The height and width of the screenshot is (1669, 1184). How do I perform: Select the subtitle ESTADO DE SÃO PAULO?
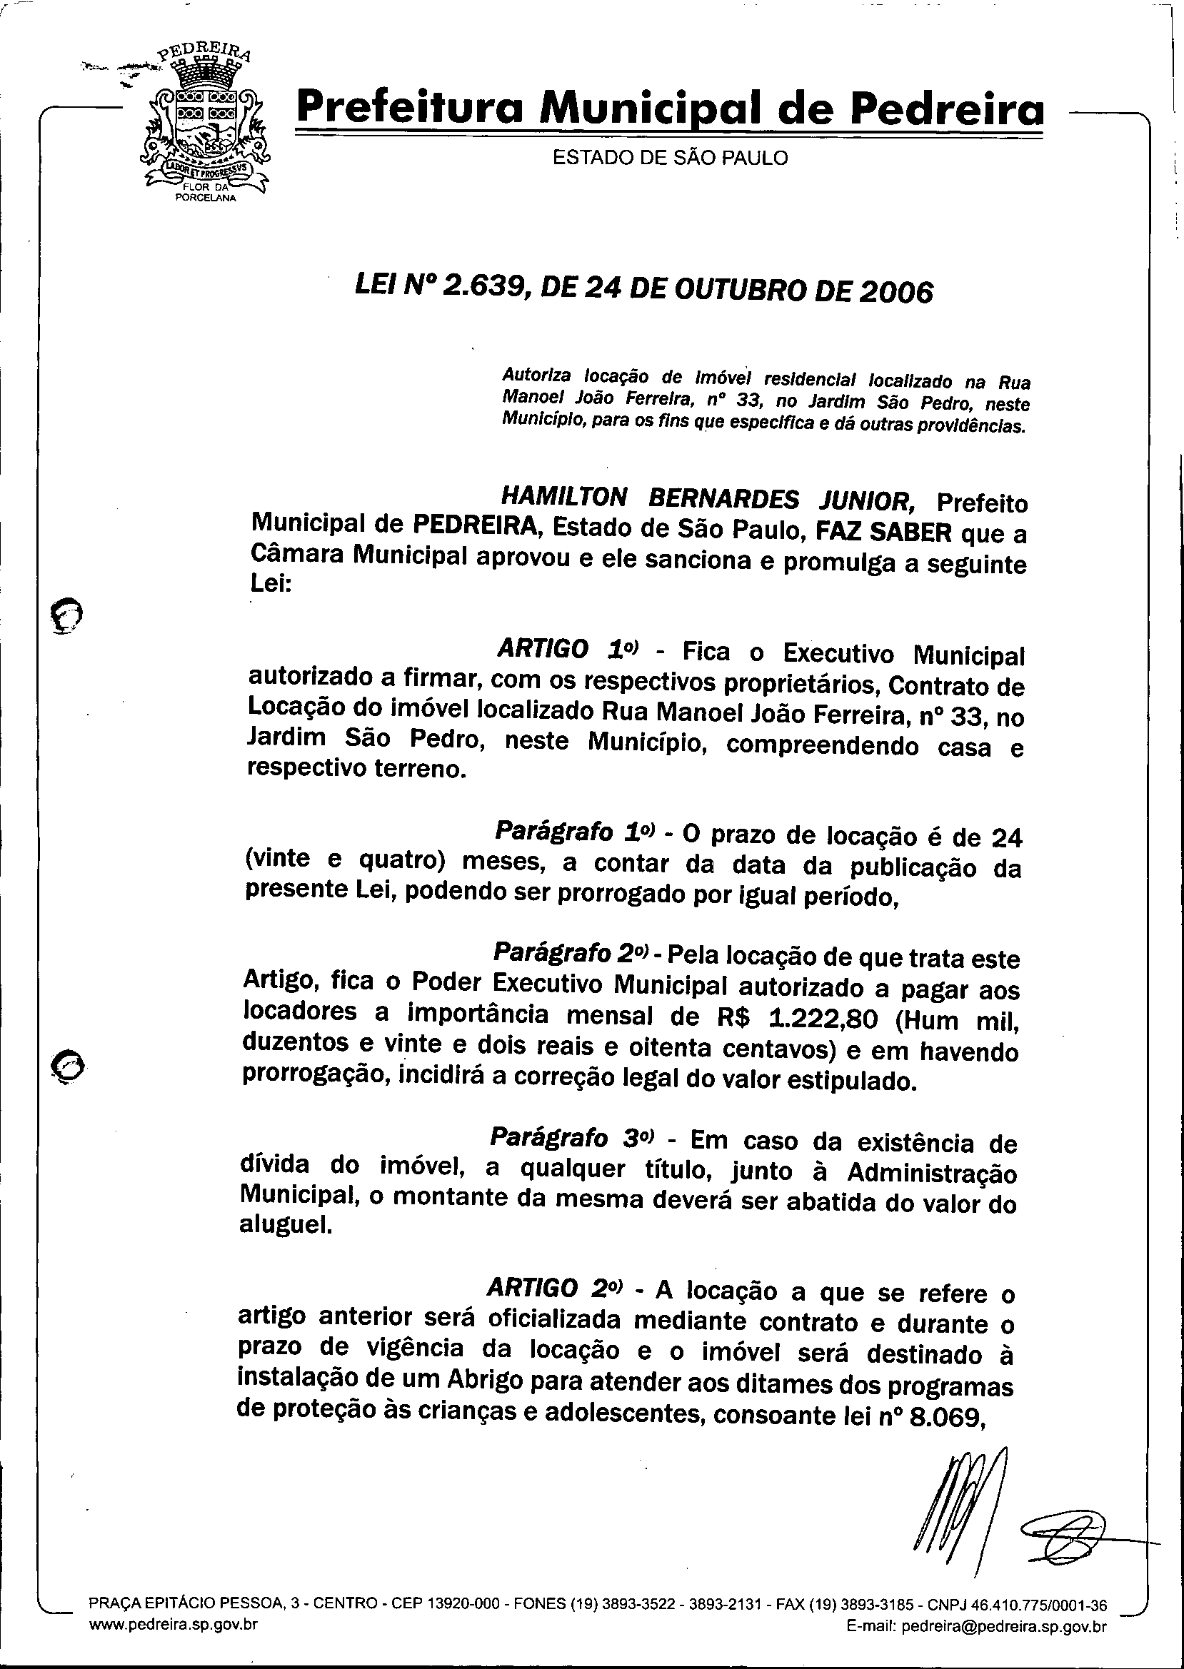pyautogui.click(x=670, y=158)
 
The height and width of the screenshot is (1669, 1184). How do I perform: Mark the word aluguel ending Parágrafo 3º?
pyautogui.click(x=286, y=1227)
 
